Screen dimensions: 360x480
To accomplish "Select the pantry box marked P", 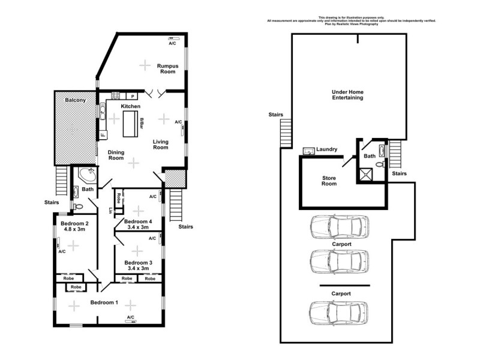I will click(x=132, y=96).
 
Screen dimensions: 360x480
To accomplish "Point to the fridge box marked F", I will click(x=103, y=134).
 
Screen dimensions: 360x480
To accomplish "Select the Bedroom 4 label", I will click(x=139, y=221).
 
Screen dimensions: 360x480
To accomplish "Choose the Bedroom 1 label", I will click(x=104, y=302).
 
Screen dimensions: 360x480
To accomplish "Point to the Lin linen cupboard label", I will click(x=110, y=210).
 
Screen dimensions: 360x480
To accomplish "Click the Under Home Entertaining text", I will click(x=347, y=95).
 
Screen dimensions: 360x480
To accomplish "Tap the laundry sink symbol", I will click(x=308, y=151).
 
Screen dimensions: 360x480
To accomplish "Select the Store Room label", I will click(x=329, y=181).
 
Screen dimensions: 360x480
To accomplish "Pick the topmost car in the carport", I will click(x=338, y=227).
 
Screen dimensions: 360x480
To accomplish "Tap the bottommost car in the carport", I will click(x=338, y=313).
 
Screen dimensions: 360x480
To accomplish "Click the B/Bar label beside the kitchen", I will click(x=142, y=123).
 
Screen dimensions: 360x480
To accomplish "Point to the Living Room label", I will click(x=161, y=145).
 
